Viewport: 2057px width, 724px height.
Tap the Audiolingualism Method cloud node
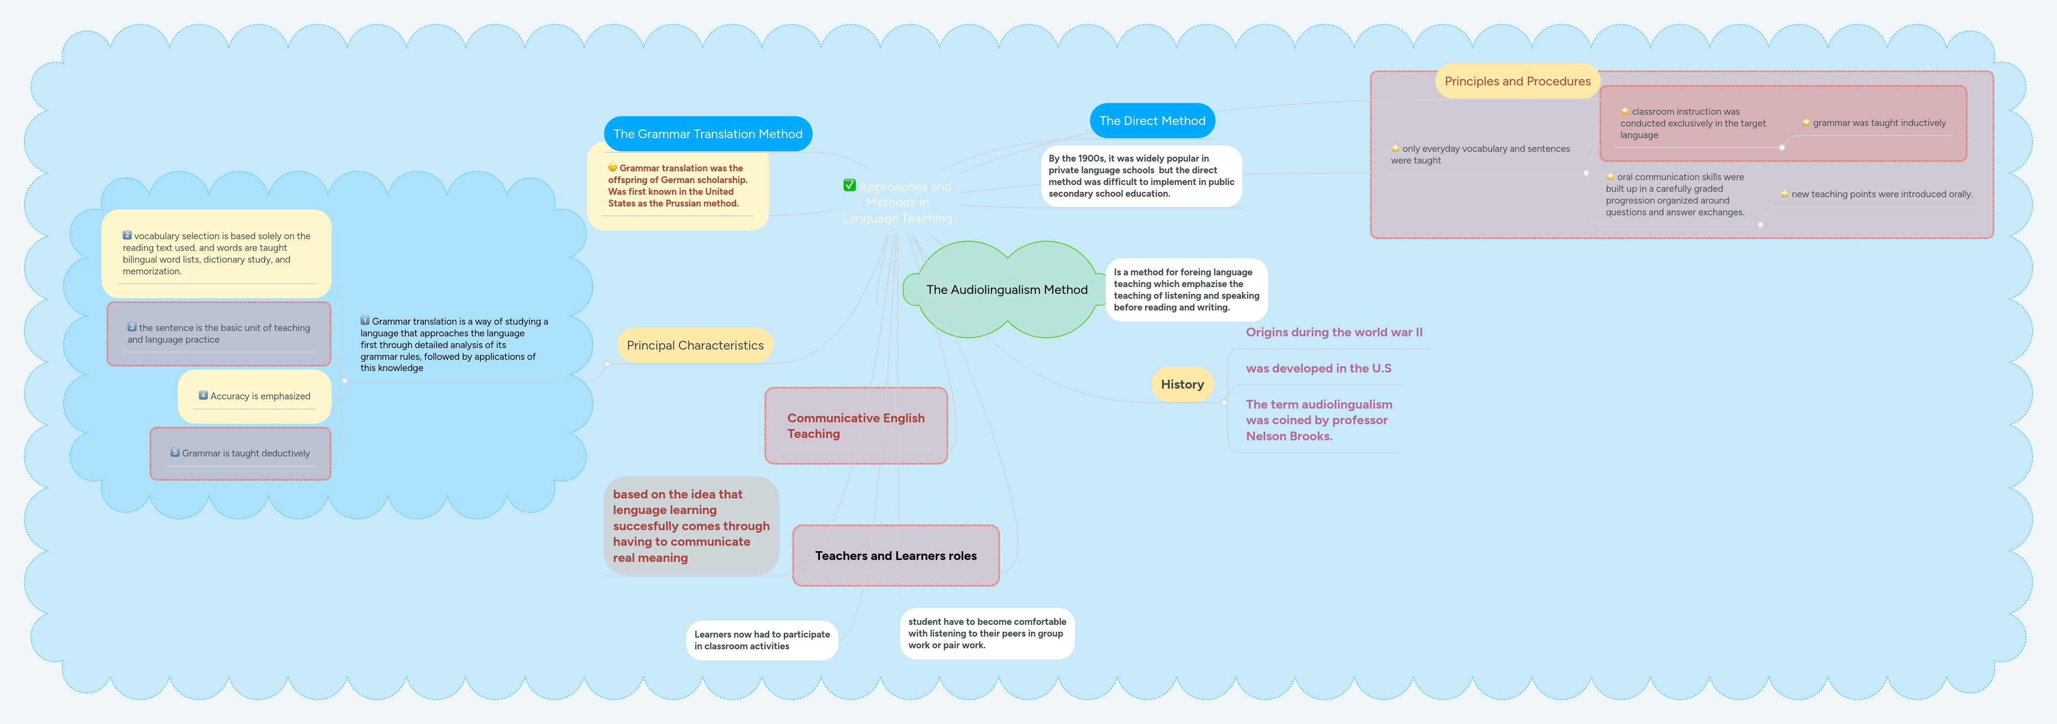point(1006,290)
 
